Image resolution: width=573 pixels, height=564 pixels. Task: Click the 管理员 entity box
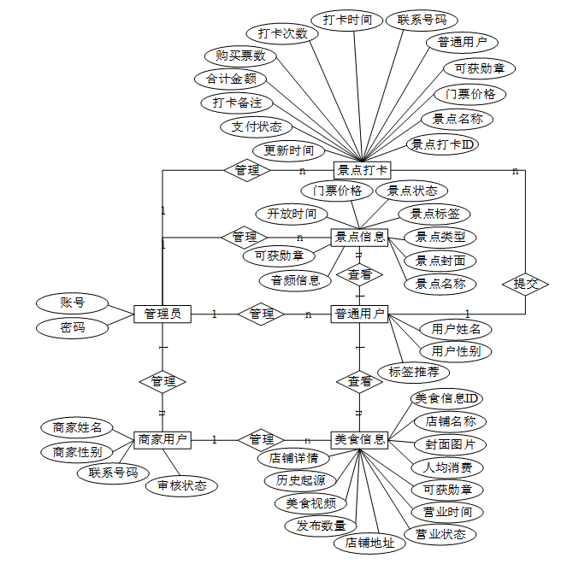[x=162, y=314]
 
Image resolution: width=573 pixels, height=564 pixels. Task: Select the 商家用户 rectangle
[x=162, y=440]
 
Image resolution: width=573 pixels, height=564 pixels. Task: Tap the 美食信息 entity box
[x=359, y=440]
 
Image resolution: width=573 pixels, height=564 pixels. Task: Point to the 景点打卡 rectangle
[x=362, y=170]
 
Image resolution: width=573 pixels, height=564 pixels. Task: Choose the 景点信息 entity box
[x=359, y=238]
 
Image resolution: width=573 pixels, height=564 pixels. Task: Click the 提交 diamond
[x=525, y=284]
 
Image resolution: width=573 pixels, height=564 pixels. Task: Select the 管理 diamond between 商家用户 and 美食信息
[x=261, y=440]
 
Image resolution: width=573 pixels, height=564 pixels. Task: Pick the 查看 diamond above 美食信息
[x=359, y=381]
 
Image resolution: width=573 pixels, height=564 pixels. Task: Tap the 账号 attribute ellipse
[x=73, y=303]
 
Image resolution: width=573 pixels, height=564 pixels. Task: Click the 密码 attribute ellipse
[x=73, y=328]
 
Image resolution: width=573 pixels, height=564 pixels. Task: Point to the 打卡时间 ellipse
[x=347, y=20]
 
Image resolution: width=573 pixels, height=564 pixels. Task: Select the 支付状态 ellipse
[x=257, y=127]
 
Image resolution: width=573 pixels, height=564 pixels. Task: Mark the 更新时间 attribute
[x=289, y=150]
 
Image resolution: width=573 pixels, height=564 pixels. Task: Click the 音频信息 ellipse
[x=295, y=281]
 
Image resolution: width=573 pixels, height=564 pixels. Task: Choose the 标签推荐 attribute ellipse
[x=414, y=373]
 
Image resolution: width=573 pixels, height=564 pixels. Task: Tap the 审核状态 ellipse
[x=181, y=486]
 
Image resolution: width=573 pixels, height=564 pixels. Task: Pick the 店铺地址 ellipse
[x=369, y=543]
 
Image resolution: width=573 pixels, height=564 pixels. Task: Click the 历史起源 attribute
[x=300, y=480]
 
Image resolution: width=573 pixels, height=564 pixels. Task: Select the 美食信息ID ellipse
[x=446, y=398]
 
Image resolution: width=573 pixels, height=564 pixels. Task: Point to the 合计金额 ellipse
[x=231, y=79]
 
